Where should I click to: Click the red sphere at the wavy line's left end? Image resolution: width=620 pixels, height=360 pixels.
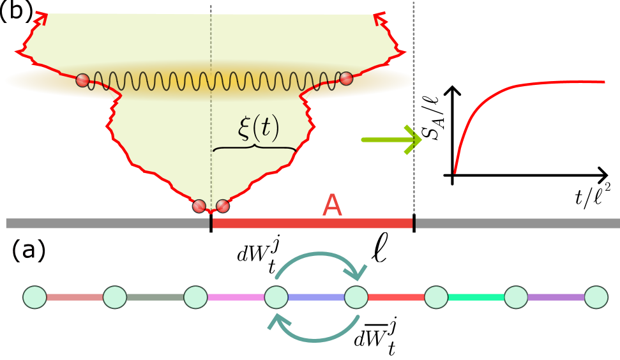(x=82, y=80)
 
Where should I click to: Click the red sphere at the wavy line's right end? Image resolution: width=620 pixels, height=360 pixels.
(x=346, y=79)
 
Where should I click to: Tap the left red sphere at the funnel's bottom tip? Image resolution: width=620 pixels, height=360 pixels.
(x=199, y=206)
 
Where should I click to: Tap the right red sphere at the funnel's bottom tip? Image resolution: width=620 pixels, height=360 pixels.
(x=222, y=206)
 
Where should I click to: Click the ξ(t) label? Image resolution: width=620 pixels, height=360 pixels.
(x=258, y=128)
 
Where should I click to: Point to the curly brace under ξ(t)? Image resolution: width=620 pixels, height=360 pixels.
(x=255, y=148)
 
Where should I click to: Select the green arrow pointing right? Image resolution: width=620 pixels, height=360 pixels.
(x=391, y=139)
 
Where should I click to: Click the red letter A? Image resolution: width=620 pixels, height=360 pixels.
(x=332, y=206)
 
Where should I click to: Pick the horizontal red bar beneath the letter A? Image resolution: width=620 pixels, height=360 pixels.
(x=312, y=223)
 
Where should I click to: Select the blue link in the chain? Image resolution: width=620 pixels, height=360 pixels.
(x=316, y=297)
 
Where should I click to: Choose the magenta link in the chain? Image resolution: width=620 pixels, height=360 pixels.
(x=236, y=297)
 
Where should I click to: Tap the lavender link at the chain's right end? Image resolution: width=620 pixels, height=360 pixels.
(x=556, y=297)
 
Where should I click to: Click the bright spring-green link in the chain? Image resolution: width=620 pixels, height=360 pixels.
(x=476, y=297)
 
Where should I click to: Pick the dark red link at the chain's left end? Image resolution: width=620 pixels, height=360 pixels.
(x=75, y=297)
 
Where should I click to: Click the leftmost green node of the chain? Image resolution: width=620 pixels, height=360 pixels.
(x=34, y=297)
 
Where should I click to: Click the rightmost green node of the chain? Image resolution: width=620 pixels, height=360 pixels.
(x=596, y=297)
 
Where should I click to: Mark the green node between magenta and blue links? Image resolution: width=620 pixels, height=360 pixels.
(x=276, y=297)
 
